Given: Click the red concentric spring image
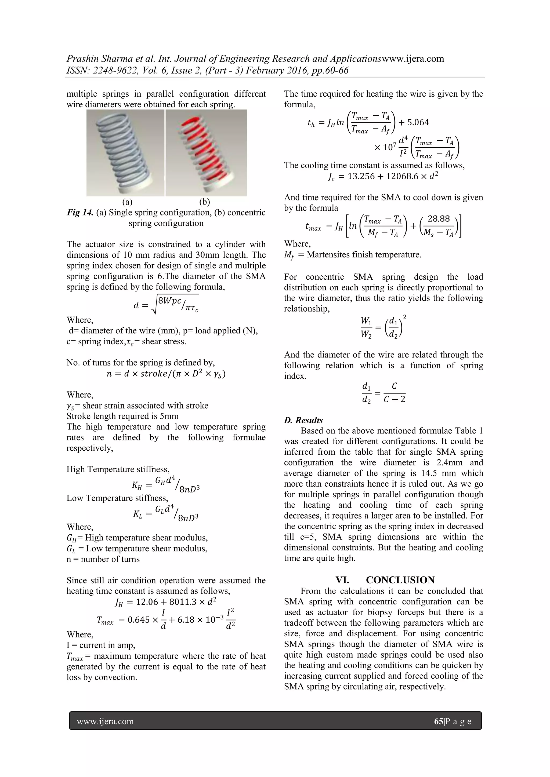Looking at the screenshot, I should click(x=206, y=153).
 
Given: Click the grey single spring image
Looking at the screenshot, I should click(x=126, y=153).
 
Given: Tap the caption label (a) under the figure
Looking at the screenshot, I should click(x=127, y=202).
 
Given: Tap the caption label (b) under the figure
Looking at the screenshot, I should click(x=205, y=202).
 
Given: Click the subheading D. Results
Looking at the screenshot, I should click(x=303, y=420).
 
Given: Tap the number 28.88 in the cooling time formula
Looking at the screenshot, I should click(x=439, y=219).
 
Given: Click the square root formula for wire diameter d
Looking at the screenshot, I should click(x=166, y=304).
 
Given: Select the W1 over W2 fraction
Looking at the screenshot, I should click(x=366, y=327).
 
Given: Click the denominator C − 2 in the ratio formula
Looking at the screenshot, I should click(x=394, y=399).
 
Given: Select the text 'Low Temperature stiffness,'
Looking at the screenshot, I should click(x=117, y=498).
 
